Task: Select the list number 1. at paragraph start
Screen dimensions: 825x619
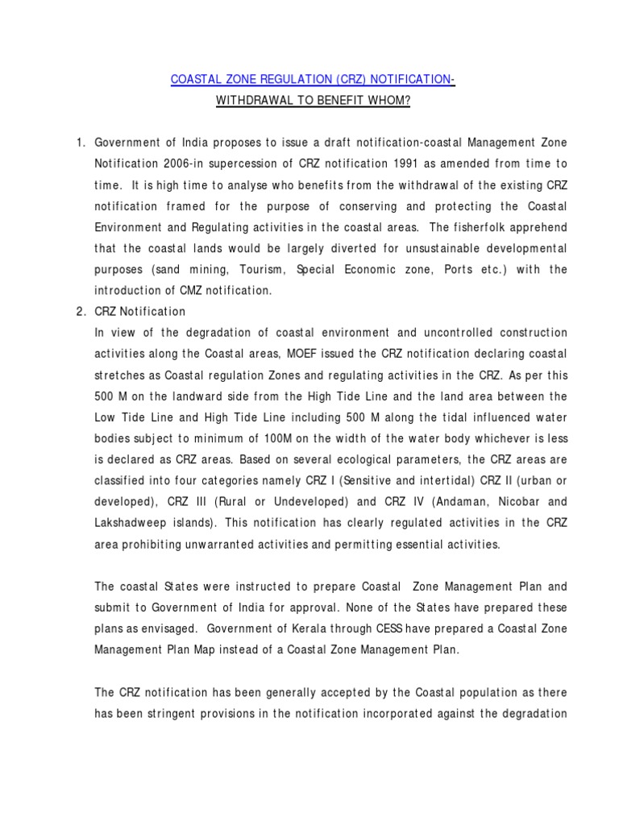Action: point(81,143)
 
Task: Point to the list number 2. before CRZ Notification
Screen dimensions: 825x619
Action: point(81,312)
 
